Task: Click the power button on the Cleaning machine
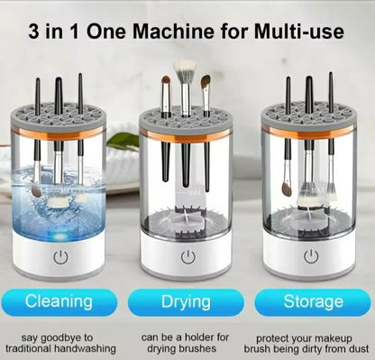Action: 60,257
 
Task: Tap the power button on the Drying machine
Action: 188,257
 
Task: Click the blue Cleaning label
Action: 59,301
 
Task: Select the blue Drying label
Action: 186,301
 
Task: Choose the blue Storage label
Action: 313,301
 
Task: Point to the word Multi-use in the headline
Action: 298,32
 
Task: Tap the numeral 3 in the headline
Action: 34,32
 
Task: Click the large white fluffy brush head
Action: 185,70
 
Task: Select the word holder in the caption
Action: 202,337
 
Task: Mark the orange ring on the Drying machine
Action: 186,135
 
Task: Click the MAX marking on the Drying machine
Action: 192,192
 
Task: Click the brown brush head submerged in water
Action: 37,191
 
